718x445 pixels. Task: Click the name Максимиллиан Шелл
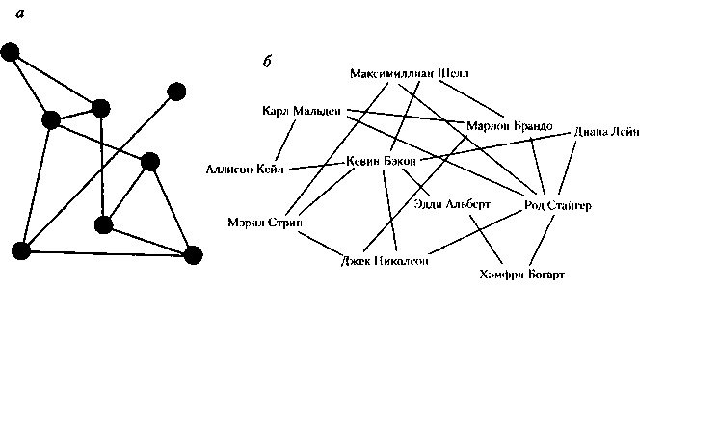410,74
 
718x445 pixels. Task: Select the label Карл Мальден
302,112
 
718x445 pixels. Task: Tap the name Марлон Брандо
508,126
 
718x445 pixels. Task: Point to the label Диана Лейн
606,132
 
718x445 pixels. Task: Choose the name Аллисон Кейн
244,170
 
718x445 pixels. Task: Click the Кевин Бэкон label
381,161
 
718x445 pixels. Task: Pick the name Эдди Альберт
452,204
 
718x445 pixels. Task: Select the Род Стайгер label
558,205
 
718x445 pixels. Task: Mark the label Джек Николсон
385,261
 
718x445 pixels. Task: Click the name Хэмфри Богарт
520,275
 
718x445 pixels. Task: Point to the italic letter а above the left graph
20,13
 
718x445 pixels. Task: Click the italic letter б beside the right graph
267,62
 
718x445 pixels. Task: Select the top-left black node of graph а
11,52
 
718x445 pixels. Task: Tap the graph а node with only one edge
176,92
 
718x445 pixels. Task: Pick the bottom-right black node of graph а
193,254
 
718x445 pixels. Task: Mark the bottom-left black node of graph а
20,251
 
